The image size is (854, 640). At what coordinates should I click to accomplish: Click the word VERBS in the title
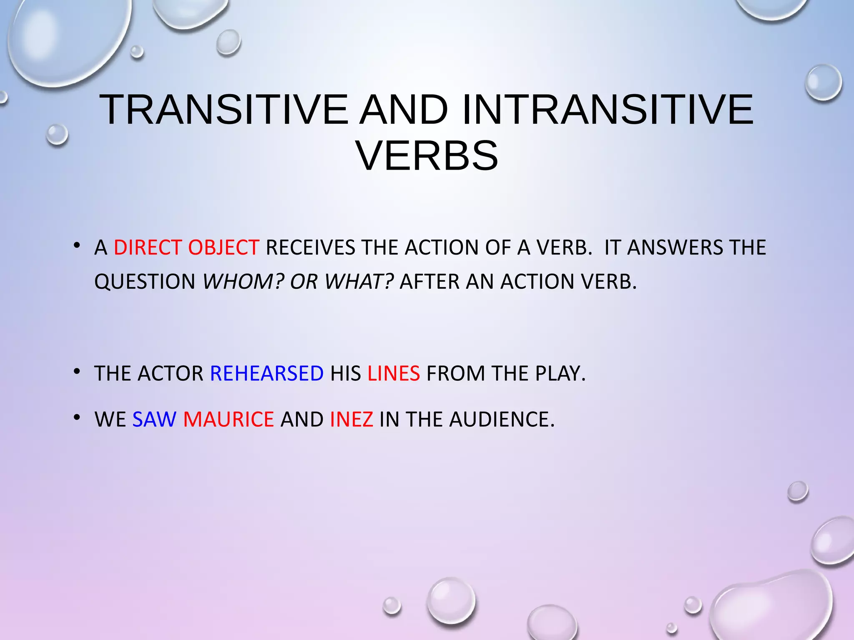(x=427, y=156)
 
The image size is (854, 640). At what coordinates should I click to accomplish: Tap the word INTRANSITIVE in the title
(x=608, y=110)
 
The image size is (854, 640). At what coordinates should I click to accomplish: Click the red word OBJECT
(x=224, y=247)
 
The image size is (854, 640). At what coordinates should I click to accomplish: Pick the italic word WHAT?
(x=359, y=282)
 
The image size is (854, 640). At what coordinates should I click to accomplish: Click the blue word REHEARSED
(x=267, y=373)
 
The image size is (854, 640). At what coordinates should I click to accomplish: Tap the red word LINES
(x=393, y=373)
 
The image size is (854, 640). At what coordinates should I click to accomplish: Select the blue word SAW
(x=154, y=419)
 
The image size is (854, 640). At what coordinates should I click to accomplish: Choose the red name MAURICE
(x=229, y=419)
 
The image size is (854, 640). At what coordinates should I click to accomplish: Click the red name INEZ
(x=351, y=419)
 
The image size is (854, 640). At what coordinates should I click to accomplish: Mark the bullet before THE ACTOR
(x=76, y=371)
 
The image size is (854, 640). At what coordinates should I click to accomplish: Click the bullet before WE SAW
(x=76, y=417)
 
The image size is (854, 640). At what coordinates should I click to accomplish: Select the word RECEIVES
(x=310, y=247)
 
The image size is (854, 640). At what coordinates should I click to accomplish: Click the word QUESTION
(x=145, y=282)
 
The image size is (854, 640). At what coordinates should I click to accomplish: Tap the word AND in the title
(x=404, y=110)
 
